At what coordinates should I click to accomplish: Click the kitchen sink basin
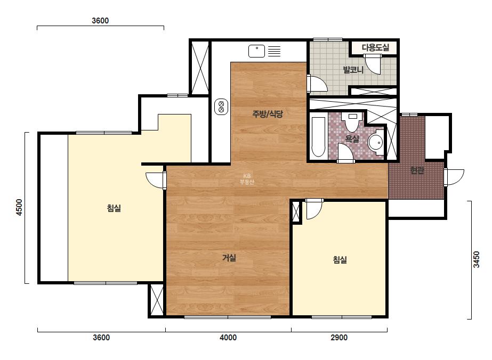(x=257, y=51)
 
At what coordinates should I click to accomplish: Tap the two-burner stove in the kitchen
(x=221, y=107)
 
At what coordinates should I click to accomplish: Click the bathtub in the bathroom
(x=318, y=137)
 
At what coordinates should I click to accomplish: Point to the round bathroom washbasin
(x=375, y=143)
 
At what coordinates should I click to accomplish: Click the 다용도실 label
(x=375, y=48)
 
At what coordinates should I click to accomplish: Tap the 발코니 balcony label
(x=353, y=70)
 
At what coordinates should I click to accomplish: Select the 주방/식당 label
(x=268, y=114)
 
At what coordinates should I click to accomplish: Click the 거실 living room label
(x=229, y=258)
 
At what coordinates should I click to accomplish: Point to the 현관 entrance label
(x=417, y=170)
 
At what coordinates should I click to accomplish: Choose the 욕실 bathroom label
(x=352, y=138)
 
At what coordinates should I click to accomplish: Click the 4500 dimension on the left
(x=19, y=207)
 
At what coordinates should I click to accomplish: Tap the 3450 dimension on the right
(x=477, y=259)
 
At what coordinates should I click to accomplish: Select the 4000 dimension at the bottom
(x=228, y=338)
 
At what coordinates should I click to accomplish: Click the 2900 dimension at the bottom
(x=339, y=338)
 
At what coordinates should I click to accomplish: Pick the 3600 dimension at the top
(x=100, y=21)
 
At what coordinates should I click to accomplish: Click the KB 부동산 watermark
(x=247, y=179)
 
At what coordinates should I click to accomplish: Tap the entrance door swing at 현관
(x=454, y=177)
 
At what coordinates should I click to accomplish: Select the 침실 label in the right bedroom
(x=340, y=260)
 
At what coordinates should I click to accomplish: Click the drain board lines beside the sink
(x=274, y=51)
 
